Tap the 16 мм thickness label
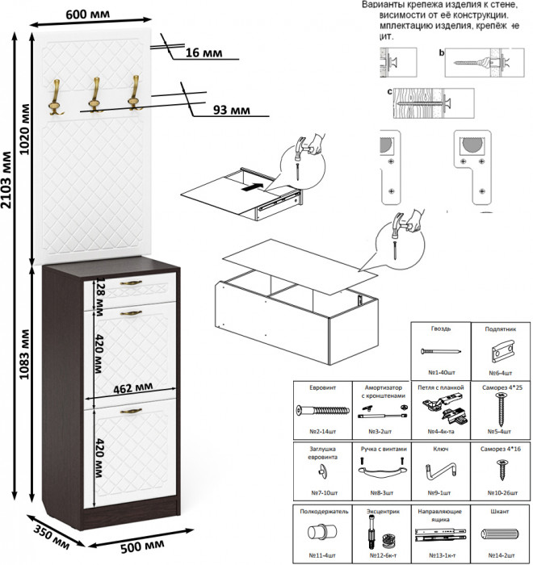(x=203, y=53)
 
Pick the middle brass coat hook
(x=94, y=94)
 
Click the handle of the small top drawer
(x=130, y=282)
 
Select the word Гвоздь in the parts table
(x=441, y=329)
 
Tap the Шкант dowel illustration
(x=502, y=535)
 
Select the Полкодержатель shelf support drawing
(x=321, y=534)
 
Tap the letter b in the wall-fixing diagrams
(x=441, y=52)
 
